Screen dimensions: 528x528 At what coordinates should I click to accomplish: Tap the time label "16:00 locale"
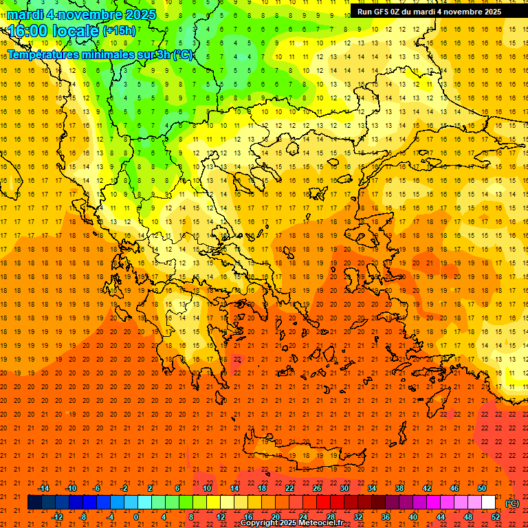52,30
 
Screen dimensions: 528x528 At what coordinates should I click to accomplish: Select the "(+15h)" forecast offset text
119,31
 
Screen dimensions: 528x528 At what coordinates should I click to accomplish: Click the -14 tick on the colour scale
43,488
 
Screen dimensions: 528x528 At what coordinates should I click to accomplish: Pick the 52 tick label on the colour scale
496,516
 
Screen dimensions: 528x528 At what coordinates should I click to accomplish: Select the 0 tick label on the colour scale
137,516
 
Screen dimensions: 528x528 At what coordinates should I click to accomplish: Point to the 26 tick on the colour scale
317,488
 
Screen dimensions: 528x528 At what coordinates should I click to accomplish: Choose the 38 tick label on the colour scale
399,488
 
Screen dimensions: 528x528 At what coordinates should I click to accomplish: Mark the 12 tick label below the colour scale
221,516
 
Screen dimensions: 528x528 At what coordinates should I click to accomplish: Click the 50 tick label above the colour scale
481,488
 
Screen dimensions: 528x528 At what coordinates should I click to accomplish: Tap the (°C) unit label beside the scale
512,503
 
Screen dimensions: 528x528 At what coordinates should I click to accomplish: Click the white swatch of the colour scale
488,503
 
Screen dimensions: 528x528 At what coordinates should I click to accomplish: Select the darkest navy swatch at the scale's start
34,503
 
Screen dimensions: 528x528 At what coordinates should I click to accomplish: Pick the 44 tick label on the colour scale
441,516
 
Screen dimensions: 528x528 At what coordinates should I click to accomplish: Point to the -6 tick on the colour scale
97,488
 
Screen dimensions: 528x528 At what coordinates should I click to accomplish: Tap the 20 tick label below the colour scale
275,516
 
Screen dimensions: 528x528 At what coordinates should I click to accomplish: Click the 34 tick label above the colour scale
371,488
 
